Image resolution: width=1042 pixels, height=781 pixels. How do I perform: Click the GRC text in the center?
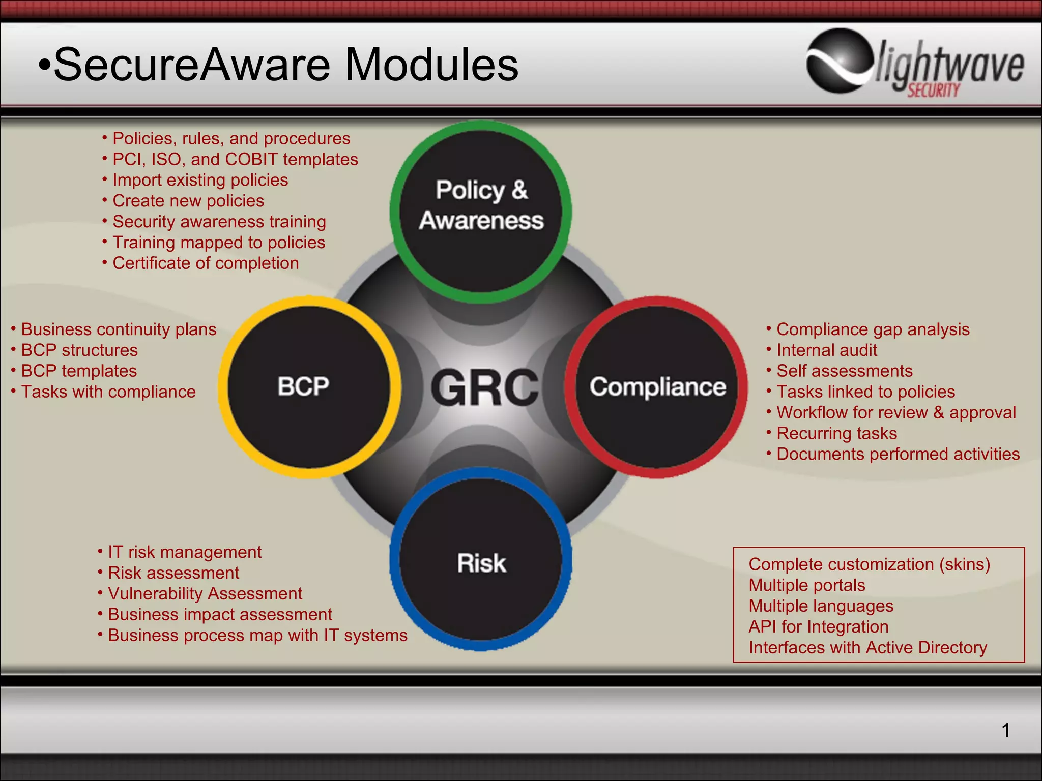pos(484,387)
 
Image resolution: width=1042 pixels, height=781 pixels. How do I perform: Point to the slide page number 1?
pos(1005,730)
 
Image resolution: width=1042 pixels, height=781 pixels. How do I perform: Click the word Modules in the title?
pos(431,65)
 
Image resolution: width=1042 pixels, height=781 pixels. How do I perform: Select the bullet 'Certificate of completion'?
pos(206,263)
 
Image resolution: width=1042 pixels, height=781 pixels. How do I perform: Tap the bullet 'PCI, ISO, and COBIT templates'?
pos(235,159)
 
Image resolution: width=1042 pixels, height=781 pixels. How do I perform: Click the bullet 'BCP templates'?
pos(79,371)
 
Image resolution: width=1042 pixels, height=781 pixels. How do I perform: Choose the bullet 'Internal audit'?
pos(827,350)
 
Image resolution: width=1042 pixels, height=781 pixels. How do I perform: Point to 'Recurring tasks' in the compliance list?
pos(836,433)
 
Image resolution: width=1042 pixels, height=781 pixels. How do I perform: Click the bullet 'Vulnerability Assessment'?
pos(205,594)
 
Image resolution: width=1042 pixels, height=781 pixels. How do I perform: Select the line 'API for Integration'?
pos(818,627)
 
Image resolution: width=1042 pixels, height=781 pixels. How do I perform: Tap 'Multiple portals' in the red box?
pos(806,585)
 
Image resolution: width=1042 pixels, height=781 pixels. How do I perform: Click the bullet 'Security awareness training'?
pos(219,222)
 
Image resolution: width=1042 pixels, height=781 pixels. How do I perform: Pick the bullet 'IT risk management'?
pos(185,552)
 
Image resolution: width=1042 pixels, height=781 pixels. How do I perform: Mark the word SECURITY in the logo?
pos(934,91)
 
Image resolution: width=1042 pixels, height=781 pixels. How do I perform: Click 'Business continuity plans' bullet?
pos(119,329)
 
